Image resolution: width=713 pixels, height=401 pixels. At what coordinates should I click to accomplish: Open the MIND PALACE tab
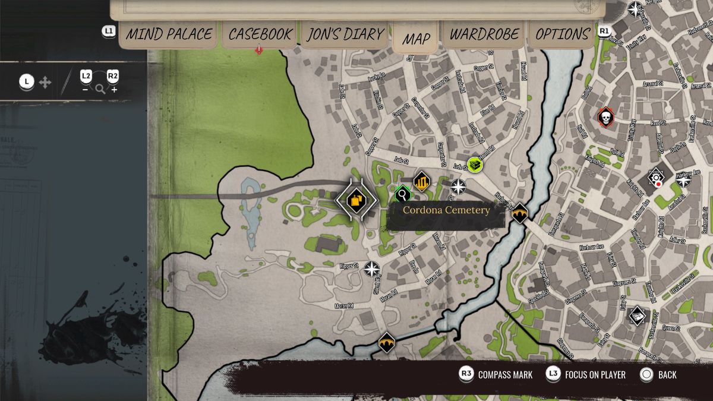coord(169,34)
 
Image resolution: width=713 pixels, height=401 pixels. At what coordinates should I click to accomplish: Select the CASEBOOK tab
coord(260,34)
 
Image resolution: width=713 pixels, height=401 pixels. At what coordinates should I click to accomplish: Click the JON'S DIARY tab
coord(345,34)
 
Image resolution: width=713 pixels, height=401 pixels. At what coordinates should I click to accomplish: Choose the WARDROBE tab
coord(484,34)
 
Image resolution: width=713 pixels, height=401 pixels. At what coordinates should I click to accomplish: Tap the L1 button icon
coord(109,31)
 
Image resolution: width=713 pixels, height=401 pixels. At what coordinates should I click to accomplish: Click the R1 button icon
coord(604,31)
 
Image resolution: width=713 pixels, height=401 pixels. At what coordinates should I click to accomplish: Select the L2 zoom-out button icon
coord(86,77)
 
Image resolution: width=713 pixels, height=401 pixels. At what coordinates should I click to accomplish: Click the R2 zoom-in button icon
coord(113,77)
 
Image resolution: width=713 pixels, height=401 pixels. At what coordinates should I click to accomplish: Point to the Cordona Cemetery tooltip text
coord(446,210)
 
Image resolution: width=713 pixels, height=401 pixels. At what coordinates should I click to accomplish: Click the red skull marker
coord(605,118)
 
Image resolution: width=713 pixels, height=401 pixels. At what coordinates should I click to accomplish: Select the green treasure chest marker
coord(474,165)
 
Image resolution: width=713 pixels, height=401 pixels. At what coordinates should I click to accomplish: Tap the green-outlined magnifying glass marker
coord(403,193)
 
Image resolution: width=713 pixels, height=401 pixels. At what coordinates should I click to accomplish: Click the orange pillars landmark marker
coord(421,181)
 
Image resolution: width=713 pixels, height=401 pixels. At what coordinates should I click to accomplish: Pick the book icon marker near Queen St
coord(637,316)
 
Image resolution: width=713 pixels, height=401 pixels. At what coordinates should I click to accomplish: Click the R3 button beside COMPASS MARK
coord(466,374)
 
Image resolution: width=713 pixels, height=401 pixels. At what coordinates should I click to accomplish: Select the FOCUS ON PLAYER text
coord(595,375)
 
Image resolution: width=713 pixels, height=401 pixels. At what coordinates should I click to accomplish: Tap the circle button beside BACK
coord(646,374)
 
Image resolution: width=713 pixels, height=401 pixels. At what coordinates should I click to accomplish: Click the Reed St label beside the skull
coord(658,123)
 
